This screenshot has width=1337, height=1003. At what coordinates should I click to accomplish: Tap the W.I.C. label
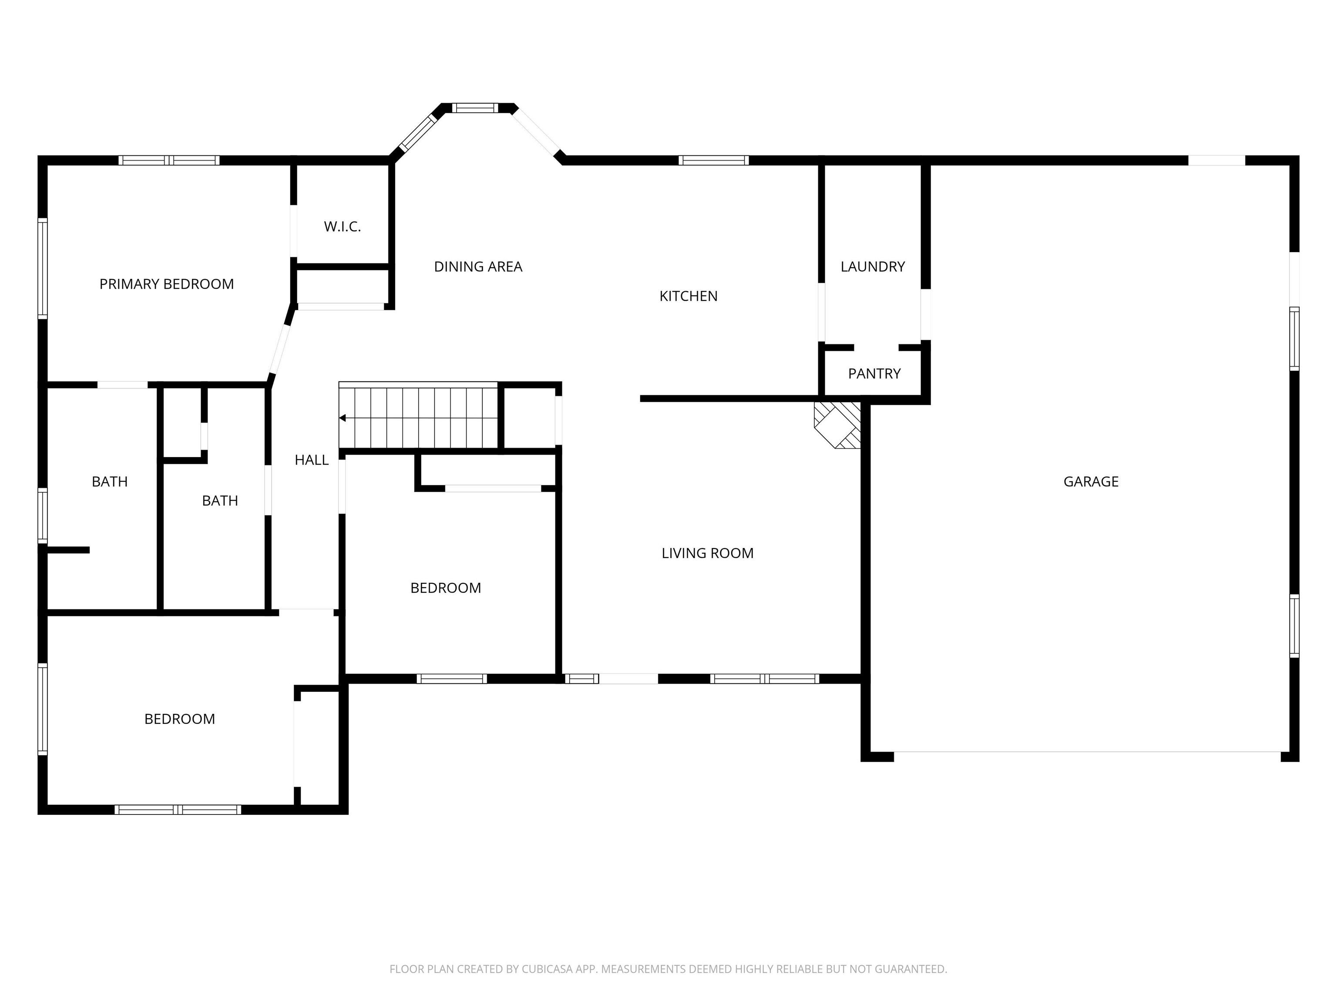342,227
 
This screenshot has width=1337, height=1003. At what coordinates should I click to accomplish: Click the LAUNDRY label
872,266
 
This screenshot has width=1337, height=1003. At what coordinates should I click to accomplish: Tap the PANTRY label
874,374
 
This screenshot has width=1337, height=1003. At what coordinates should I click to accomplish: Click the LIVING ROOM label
707,553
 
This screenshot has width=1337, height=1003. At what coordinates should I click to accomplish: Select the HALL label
311,460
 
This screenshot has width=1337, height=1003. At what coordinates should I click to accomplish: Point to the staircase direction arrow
342,418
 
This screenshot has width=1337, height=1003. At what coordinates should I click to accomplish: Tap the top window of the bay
475,108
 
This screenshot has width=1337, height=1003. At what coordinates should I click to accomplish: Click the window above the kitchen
713,160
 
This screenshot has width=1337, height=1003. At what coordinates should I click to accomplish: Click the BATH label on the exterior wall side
109,482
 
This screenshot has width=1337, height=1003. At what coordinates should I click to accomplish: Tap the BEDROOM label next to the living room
446,588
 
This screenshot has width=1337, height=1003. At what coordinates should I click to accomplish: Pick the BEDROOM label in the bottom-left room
179,719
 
